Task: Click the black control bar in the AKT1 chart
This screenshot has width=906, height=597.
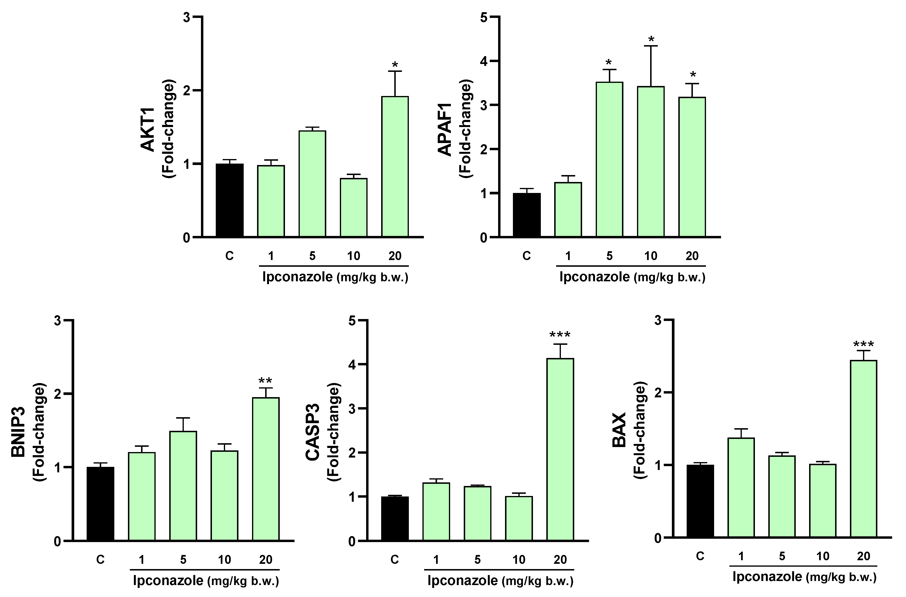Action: click(230, 200)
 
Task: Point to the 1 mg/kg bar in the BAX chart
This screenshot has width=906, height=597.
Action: click(741, 488)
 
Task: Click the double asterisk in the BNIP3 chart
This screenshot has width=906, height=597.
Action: click(265, 381)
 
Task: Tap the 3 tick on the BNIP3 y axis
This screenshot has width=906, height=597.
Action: click(58, 321)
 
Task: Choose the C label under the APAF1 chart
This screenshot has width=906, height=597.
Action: click(527, 256)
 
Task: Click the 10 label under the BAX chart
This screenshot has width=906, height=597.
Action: click(823, 556)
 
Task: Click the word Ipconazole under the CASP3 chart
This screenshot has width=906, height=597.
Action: click(462, 581)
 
